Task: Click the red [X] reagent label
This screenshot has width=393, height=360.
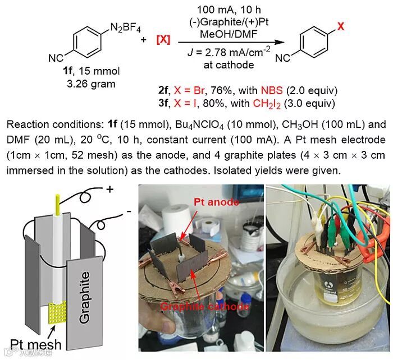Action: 163,40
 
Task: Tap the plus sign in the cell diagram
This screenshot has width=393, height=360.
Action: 109,190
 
